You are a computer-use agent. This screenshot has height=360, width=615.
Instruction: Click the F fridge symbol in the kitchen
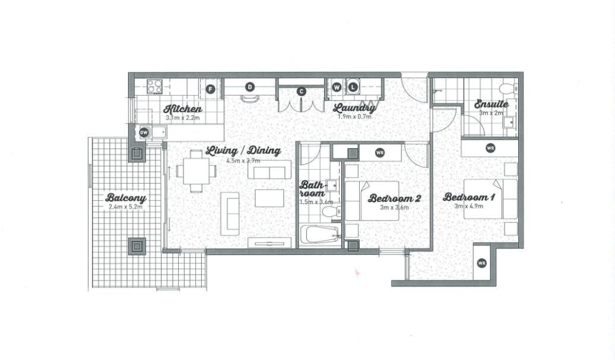coord(211,89)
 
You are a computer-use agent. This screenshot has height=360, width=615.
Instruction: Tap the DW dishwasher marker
coord(144,132)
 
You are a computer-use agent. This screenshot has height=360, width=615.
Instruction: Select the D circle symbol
coord(250,86)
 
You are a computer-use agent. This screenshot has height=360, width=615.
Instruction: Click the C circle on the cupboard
coord(301,91)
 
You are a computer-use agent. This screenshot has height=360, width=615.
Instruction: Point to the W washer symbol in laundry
coord(337,87)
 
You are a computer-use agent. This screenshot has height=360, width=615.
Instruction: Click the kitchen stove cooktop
coord(154,86)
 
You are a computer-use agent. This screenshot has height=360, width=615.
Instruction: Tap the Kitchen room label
coord(183,109)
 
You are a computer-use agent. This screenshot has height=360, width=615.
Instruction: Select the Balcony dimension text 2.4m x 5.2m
coord(125,207)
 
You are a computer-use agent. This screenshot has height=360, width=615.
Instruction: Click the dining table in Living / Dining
coord(196,171)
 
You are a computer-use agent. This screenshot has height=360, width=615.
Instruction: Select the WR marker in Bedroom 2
coord(379,152)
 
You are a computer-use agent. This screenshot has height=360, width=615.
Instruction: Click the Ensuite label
coord(492,104)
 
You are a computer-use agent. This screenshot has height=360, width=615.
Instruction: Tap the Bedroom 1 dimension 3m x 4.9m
coord(469,206)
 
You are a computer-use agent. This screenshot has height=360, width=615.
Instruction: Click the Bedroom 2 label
coord(394,198)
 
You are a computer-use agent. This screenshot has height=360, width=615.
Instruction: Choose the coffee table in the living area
coord(270,198)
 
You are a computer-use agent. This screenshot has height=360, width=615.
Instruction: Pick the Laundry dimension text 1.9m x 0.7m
coord(354,116)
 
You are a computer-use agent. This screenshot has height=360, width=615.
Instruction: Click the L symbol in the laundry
coord(353,87)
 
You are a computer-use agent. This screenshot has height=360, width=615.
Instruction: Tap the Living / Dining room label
coord(243,151)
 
